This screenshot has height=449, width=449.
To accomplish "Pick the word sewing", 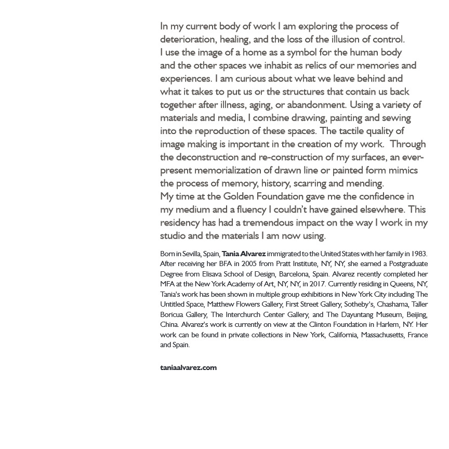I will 397,118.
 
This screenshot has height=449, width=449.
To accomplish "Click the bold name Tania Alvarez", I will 244,254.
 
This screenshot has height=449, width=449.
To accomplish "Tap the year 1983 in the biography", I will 419,254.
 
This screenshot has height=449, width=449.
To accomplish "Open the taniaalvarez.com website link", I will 188,368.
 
